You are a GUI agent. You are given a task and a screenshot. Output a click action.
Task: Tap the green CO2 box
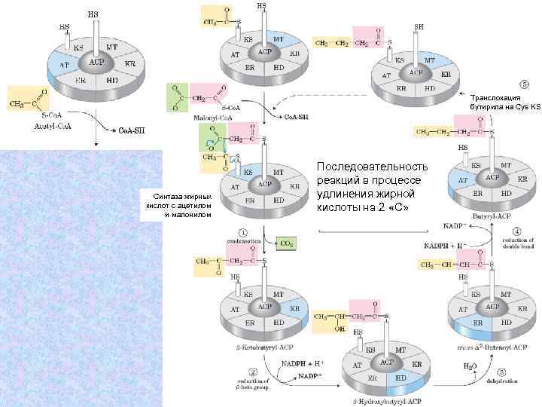pyautogui.click(x=287, y=243)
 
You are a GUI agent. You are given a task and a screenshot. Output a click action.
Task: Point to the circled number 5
pyautogui.click(x=524, y=84)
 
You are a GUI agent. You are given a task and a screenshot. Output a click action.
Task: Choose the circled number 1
pyautogui.click(x=242, y=232)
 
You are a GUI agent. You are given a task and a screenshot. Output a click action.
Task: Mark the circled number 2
pyautogui.click(x=253, y=372)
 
